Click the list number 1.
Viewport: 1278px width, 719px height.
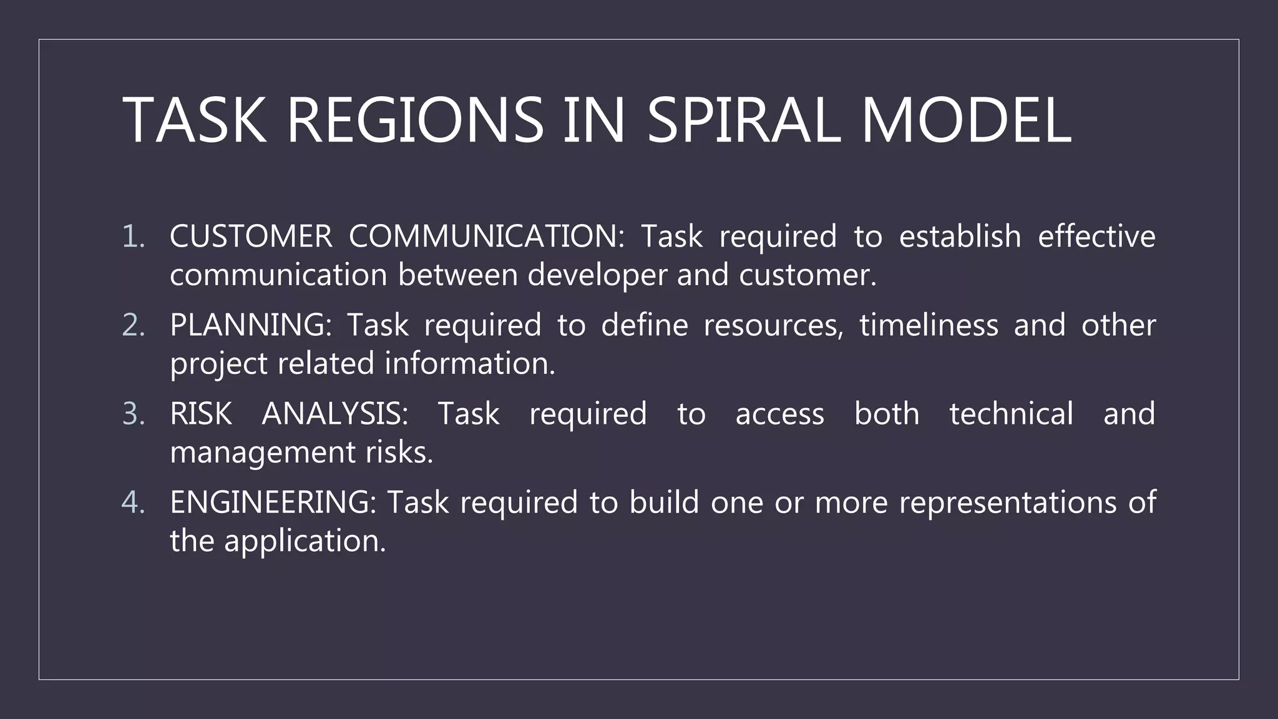coord(133,237)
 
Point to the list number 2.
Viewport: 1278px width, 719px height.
coord(133,325)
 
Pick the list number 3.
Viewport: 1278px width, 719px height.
coord(133,414)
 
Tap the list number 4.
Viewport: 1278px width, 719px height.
coord(133,502)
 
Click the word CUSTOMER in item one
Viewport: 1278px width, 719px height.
coord(251,237)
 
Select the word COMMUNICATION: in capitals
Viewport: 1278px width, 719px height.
coord(486,237)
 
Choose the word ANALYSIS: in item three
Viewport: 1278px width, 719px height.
coord(334,414)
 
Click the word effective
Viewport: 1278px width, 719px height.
coord(1096,237)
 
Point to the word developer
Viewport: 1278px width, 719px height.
coord(597,275)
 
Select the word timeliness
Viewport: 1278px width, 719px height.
coord(929,325)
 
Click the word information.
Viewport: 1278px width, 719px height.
coord(469,364)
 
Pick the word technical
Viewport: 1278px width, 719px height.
coord(1011,414)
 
